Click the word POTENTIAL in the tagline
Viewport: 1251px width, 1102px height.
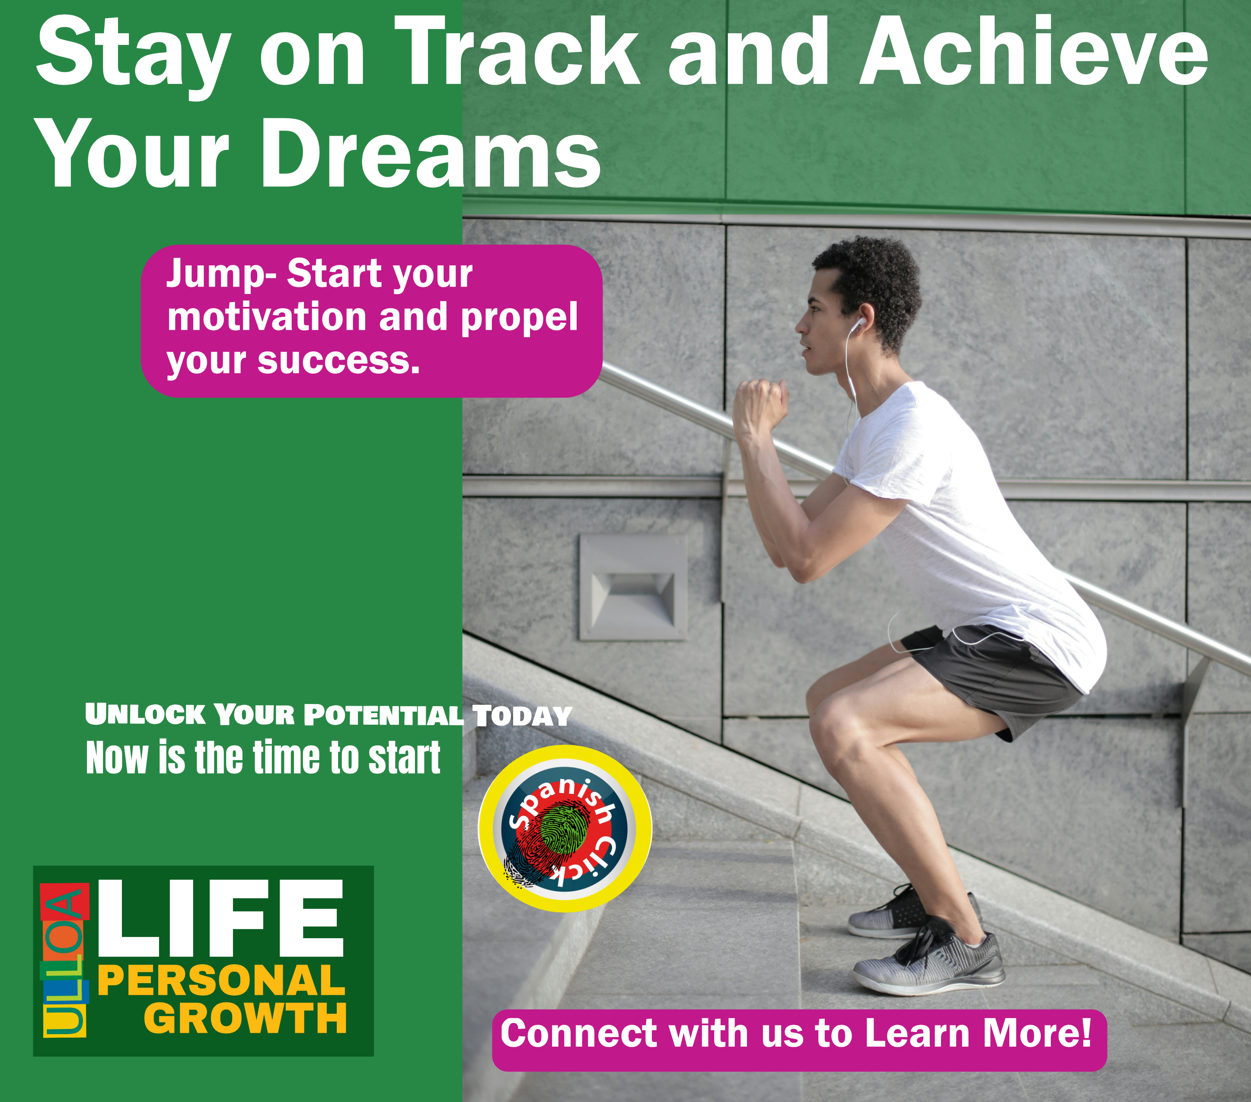coord(383,715)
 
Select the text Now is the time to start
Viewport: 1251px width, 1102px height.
coord(263,758)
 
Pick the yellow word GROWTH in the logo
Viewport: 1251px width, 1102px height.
coord(245,1019)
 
